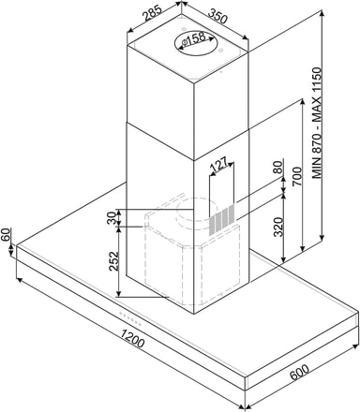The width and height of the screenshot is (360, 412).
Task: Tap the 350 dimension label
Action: pos(217,17)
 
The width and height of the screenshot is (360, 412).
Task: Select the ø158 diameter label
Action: pos(193,39)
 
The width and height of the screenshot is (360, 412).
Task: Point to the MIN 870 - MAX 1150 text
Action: pos(318,123)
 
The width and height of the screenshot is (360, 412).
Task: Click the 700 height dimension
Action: pos(297,177)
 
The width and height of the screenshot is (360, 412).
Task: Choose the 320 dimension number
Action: pos(278,227)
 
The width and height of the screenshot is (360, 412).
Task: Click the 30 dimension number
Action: pos(112,217)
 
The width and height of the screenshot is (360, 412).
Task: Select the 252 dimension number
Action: pos(114,261)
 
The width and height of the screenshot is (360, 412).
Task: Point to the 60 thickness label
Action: pos(6,235)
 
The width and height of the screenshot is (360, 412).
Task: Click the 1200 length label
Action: pos(132,339)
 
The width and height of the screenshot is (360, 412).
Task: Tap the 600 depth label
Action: pos(300,372)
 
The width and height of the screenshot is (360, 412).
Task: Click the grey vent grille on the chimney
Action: pos(221,219)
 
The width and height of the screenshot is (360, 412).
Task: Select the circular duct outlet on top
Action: pos(194,43)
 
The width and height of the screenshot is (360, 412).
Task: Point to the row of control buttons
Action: pos(130,319)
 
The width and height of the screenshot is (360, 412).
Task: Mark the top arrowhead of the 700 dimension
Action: pos(302,102)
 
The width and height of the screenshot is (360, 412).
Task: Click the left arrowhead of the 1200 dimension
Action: pos(19,280)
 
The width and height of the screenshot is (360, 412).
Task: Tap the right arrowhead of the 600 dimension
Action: pos(355,346)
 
